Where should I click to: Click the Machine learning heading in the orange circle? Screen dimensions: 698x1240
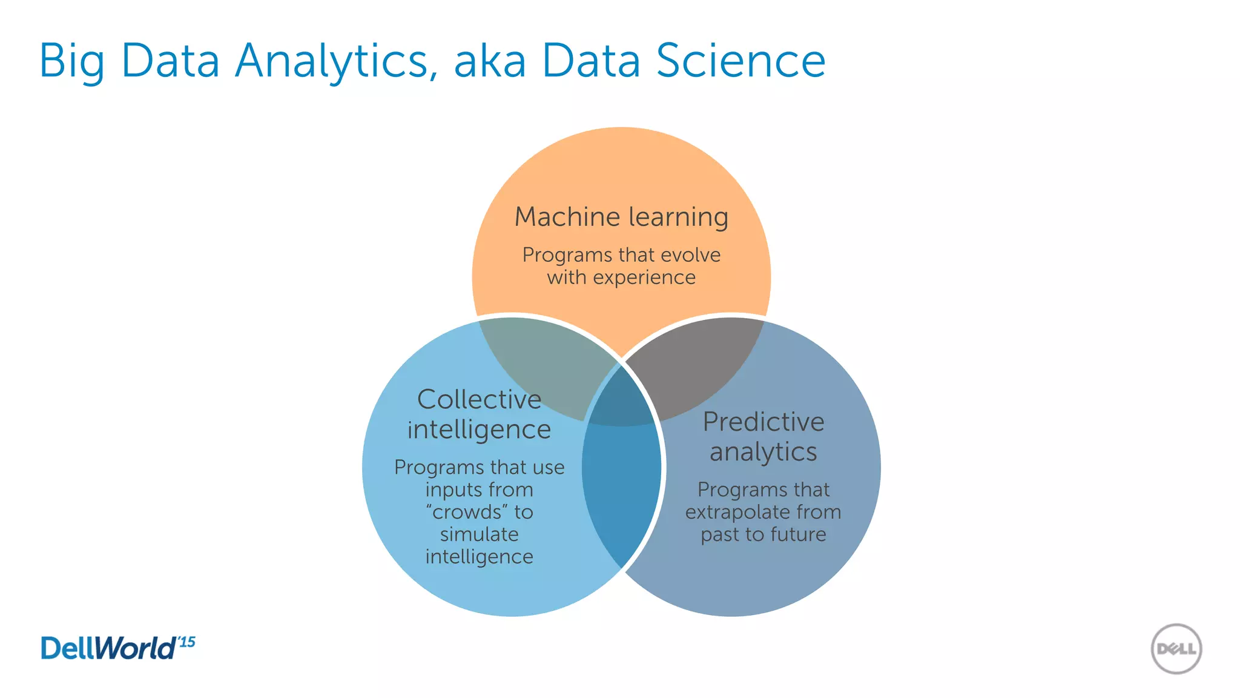pyautogui.click(x=621, y=217)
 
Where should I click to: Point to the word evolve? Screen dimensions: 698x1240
pyautogui.click(x=691, y=254)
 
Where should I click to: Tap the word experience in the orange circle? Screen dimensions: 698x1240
pyautogui.click(x=644, y=278)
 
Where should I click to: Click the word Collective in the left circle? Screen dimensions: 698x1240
pyautogui.click(x=479, y=399)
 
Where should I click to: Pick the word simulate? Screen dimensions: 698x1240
pyautogui.click(x=479, y=534)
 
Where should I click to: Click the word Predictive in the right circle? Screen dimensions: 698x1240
pyautogui.click(x=763, y=422)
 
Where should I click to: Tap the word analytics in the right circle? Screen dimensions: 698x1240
pyautogui.click(x=763, y=452)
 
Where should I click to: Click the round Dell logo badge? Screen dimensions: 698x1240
pyautogui.click(x=1176, y=649)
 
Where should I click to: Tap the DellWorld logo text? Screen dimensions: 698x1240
pyautogui.click(x=108, y=648)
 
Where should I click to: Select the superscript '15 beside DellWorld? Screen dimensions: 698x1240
pyautogui.click(x=186, y=642)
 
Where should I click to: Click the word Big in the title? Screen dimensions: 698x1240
pyautogui.click(x=71, y=62)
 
